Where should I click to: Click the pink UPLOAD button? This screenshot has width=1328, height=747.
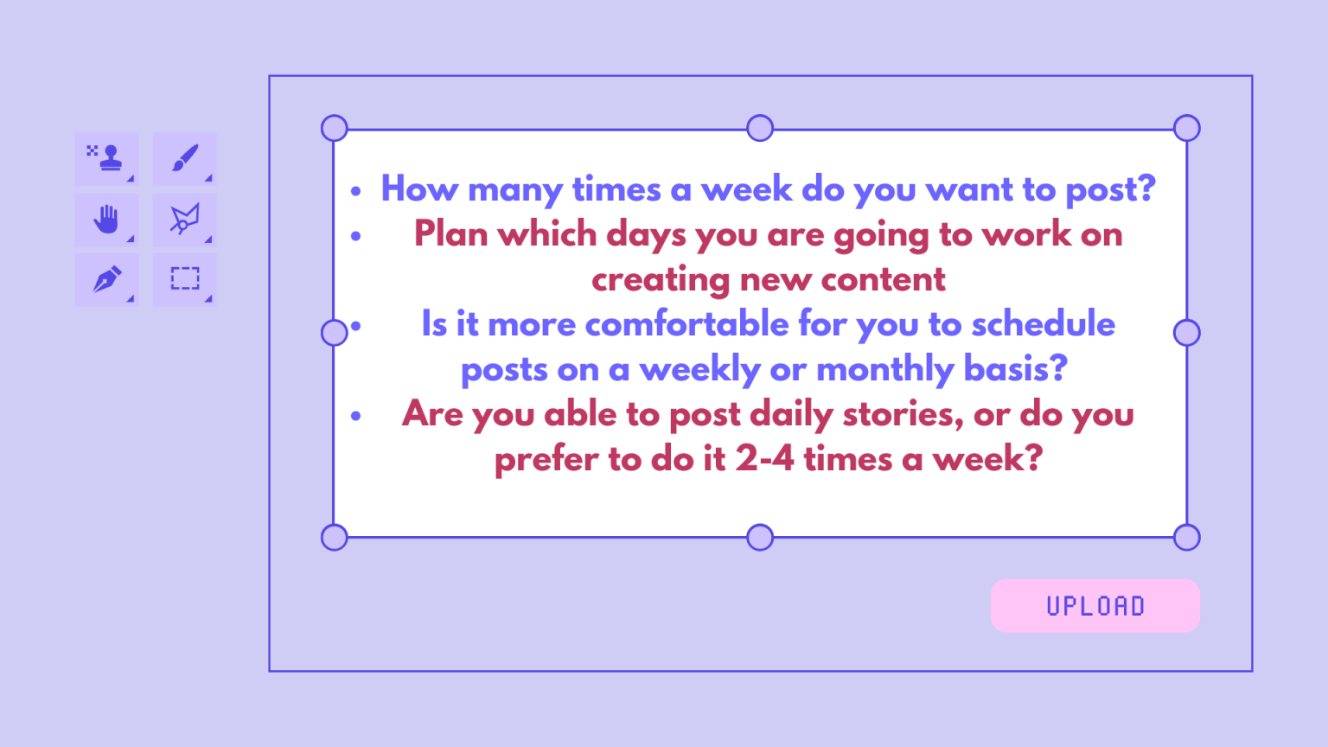point(1095,605)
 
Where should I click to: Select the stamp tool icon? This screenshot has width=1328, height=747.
point(106,158)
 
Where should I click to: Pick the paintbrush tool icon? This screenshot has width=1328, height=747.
point(184,158)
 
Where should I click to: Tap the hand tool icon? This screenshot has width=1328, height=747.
point(106,219)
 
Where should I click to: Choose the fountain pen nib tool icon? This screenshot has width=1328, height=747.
point(106,279)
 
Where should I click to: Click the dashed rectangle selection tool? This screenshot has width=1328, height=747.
point(184,278)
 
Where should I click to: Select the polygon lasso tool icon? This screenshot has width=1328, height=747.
point(184,219)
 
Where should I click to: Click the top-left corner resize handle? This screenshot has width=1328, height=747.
point(334,128)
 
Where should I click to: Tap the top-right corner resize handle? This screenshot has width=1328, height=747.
point(1186,128)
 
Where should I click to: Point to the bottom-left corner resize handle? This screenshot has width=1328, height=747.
point(334,537)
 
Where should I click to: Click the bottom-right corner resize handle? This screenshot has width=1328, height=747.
point(1186,537)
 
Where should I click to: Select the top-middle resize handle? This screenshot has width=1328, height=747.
point(760,128)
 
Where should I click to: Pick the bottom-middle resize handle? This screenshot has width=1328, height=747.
point(760,537)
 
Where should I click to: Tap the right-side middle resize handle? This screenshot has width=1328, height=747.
point(1186,332)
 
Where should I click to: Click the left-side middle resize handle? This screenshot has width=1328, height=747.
point(334,332)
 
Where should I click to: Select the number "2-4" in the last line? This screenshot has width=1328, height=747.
point(764,459)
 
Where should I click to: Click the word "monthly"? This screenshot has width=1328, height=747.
point(884,370)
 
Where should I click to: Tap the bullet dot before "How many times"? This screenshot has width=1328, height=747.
point(355,191)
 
